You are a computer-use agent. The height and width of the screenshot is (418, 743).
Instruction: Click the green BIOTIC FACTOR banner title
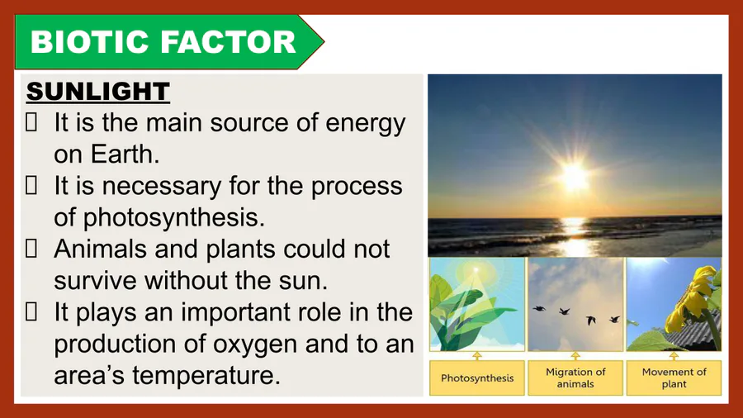(x=163, y=41)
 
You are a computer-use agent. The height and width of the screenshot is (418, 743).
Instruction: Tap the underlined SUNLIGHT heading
(x=98, y=91)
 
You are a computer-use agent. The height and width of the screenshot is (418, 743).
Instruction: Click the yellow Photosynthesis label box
(x=477, y=378)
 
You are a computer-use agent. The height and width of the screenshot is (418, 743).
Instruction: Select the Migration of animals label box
(x=575, y=378)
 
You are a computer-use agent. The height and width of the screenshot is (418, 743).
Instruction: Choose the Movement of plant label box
(x=674, y=378)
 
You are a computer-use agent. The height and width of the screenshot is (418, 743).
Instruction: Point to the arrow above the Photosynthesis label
(x=477, y=356)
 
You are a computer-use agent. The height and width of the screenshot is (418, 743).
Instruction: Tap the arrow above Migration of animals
(x=575, y=356)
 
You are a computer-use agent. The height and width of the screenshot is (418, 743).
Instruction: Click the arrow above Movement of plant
(x=674, y=356)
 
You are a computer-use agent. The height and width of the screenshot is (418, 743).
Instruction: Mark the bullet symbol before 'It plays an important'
(x=31, y=311)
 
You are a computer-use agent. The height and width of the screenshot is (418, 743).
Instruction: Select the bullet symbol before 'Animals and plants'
(x=31, y=249)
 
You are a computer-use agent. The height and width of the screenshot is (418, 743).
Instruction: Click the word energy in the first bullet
(x=366, y=124)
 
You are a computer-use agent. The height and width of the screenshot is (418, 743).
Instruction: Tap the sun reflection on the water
(x=575, y=235)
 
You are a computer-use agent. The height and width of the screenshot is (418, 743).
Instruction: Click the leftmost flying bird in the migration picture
(x=539, y=309)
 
